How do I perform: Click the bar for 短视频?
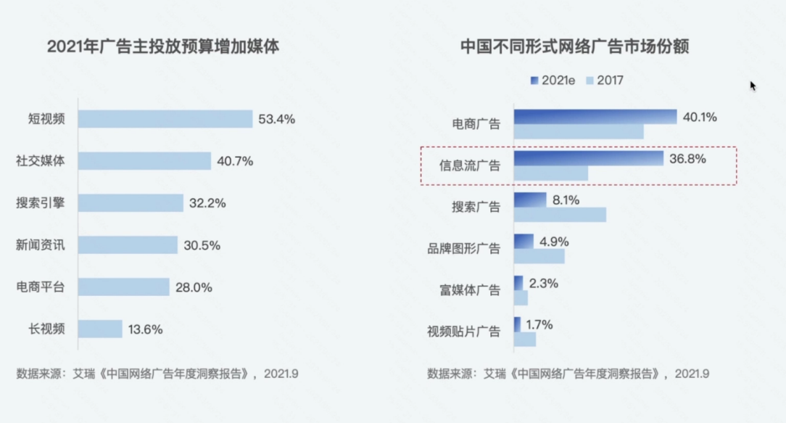click(165, 119)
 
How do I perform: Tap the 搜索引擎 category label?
click(41, 203)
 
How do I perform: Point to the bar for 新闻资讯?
click(128, 245)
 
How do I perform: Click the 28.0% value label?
click(194, 287)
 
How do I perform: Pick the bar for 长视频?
click(100, 329)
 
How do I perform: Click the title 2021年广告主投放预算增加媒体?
click(163, 47)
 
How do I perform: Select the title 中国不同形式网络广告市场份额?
click(574, 47)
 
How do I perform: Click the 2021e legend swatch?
click(535, 81)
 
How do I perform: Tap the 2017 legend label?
click(610, 81)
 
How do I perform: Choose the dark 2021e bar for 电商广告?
click(595, 117)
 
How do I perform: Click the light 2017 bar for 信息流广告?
click(551, 173)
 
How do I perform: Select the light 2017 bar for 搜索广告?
click(560, 215)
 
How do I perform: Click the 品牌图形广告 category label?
click(464, 249)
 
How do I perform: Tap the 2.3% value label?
click(544, 284)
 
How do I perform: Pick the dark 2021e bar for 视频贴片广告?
click(517, 324)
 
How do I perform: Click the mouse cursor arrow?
click(753, 85)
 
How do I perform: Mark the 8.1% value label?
click(566, 200)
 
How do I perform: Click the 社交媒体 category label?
click(41, 161)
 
